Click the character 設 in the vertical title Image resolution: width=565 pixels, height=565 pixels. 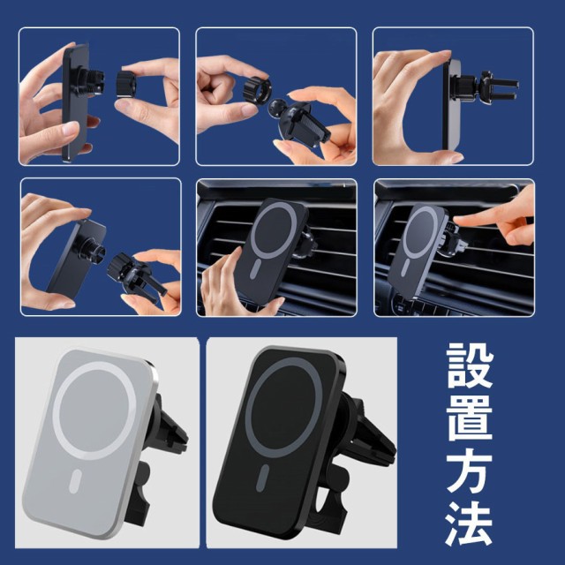tap(470, 365)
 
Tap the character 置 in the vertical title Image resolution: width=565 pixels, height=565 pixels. tap(470, 418)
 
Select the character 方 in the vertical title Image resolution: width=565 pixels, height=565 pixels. tap(470, 471)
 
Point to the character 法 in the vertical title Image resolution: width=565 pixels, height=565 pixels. tap(470, 524)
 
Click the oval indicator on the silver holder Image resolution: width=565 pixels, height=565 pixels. tap(75, 481)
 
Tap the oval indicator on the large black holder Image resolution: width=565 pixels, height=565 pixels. tap(263, 478)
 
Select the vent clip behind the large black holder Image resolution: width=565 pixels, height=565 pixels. tap(367, 429)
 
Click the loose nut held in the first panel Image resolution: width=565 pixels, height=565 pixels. tap(126, 84)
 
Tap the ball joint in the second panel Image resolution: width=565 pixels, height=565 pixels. tap(278, 108)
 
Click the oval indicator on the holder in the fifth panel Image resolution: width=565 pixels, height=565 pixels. tap(255, 270)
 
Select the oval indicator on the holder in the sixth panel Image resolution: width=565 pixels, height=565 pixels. tap(406, 267)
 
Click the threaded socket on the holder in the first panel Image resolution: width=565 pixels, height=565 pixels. tap(94, 84)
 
